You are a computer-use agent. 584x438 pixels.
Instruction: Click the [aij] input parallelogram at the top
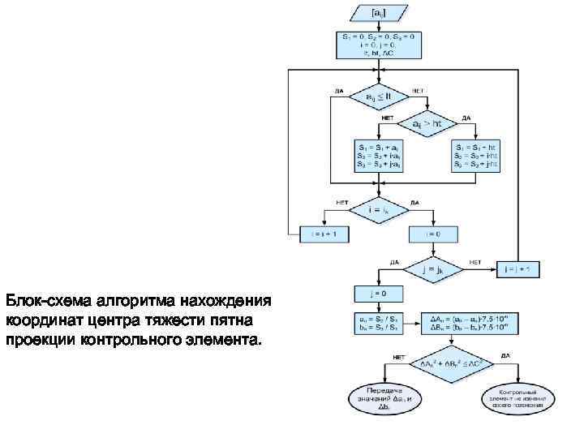tap(379, 14)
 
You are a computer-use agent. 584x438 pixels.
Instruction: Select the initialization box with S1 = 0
tap(378, 45)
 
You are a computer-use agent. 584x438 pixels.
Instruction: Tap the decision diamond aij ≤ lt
tap(378, 97)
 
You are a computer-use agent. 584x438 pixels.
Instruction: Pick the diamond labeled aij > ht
tap(427, 124)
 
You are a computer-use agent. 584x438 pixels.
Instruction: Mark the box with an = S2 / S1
tap(378, 324)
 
